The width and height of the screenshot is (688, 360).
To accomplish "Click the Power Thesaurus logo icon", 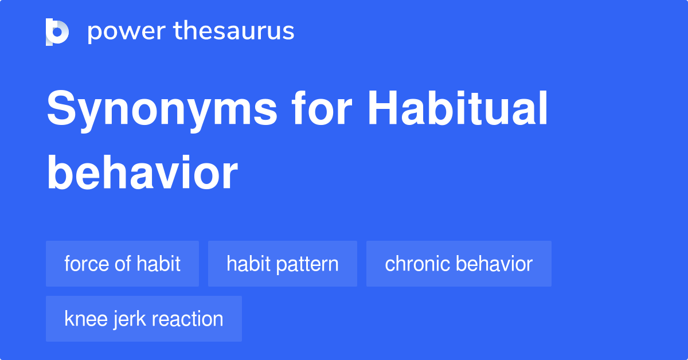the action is click(57, 32).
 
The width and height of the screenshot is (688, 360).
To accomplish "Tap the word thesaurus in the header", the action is click(234, 30).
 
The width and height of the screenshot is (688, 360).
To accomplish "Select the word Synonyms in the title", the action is click(162, 111).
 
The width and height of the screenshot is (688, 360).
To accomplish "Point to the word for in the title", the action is click(322, 108).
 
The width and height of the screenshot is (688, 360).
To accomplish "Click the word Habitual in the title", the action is click(458, 108).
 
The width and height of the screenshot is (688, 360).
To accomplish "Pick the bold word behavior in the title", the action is click(142, 173).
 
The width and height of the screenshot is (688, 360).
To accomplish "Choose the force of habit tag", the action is click(122, 264).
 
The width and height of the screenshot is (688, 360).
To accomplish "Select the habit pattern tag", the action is click(283, 264).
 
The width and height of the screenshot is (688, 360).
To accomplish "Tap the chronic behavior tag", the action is click(459, 264).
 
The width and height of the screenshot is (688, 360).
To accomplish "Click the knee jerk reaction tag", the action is click(144, 319).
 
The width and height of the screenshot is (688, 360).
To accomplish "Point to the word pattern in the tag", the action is click(307, 264).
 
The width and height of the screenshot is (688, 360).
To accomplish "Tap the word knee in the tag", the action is click(85, 319).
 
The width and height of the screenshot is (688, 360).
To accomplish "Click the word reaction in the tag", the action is click(187, 319).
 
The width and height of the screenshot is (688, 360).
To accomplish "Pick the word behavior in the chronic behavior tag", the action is click(494, 264).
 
